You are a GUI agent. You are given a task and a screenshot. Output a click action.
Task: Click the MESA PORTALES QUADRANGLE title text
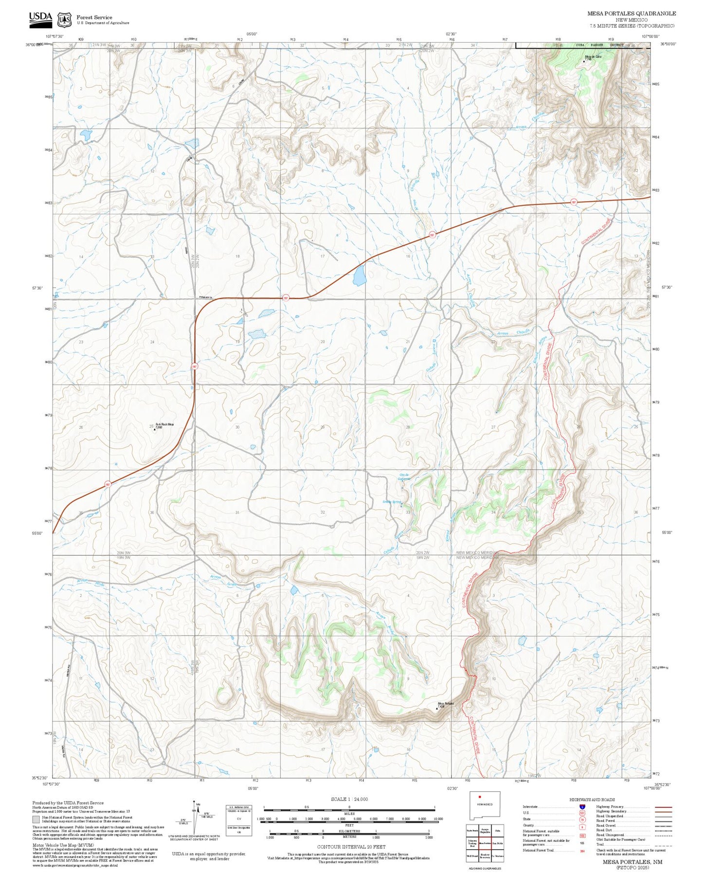[x=631, y=14]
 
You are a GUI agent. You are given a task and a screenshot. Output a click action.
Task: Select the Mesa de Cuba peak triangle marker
[x=584, y=61]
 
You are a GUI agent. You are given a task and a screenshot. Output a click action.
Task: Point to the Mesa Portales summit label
[x=446, y=704]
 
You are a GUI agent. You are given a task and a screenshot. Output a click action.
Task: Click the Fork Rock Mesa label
[x=164, y=424]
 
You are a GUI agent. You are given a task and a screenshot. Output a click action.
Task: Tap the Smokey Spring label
[x=392, y=502]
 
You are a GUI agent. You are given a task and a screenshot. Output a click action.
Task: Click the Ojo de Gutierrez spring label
[x=405, y=476]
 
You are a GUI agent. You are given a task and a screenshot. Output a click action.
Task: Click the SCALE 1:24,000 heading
[x=349, y=799]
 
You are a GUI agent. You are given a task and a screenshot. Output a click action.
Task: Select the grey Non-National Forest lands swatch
[x=36, y=819]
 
